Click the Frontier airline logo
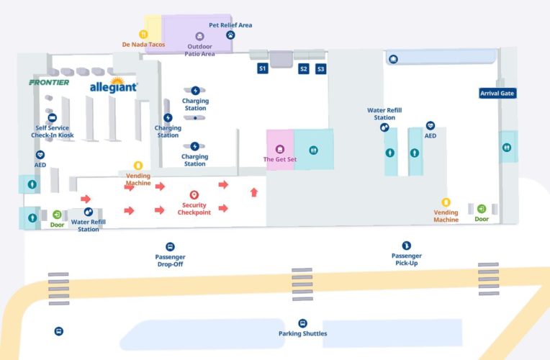point(49,82)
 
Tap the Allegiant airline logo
point(113,86)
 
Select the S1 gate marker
point(263,68)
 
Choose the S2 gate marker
point(304,68)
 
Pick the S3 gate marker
point(320,68)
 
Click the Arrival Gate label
point(498,93)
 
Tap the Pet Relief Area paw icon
point(230,34)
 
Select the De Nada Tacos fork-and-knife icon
point(143,34)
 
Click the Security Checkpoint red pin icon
point(194,195)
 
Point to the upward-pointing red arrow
point(253,192)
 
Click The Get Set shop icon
point(280,149)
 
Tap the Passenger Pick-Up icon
point(406,246)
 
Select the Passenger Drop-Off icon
point(170,246)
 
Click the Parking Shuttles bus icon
point(302,323)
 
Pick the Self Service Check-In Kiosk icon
point(52,117)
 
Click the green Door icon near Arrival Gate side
point(481,209)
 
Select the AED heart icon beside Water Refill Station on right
point(430,125)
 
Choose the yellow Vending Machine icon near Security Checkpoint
point(138,166)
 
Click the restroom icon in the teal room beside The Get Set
point(313,150)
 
